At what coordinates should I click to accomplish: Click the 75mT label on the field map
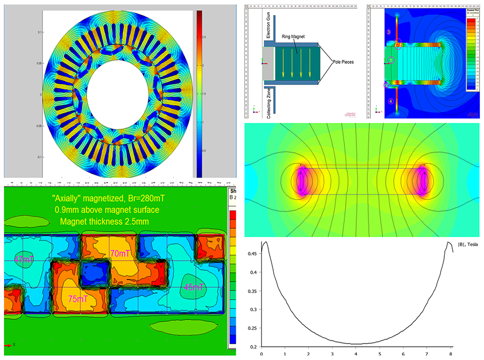(78, 299)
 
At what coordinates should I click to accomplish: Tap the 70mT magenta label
(120, 254)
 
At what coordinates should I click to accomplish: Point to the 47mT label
(22, 259)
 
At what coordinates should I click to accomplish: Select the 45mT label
(193, 288)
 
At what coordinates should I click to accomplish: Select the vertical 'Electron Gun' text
(255, 26)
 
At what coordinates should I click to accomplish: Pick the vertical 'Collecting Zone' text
(255, 102)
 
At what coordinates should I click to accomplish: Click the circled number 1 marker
(390, 60)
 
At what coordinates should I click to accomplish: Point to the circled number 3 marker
(388, 32)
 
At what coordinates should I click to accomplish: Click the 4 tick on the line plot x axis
(357, 354)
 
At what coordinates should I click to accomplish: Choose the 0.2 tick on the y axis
(253, 347)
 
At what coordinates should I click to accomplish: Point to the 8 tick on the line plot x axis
(452, 354)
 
